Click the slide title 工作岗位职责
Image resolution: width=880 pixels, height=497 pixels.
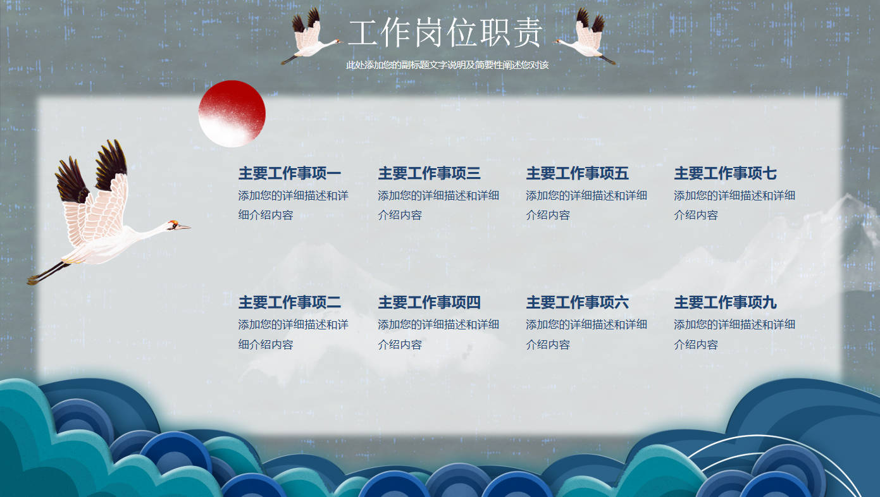[x=445, y=33]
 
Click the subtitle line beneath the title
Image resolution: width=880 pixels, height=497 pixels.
[x=447, y=64]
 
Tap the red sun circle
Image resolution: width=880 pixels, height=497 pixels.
[x=232, y=114]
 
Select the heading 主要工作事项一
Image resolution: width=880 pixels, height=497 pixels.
[x=290, y=173]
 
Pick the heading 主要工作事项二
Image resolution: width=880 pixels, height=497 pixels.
[x=290, y=302]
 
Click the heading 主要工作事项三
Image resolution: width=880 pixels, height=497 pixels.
[x=429, y=173]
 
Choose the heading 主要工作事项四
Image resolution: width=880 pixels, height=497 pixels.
[x=429, y=302]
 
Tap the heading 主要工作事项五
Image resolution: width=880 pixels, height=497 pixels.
[x=577, y=173]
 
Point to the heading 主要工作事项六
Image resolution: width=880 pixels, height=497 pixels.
[x=577, y=302]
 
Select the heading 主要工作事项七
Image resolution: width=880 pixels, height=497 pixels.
[x=725, y=173]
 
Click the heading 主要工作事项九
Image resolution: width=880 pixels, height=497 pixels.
[x=725, y=302]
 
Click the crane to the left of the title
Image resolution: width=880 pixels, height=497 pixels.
[x=311, y=36]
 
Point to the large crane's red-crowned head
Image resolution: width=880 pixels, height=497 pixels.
[x=173, y=225]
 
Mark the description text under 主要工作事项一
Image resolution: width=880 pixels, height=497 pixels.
[x=293, y=205]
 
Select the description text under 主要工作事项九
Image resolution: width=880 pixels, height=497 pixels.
[x=734, y=334]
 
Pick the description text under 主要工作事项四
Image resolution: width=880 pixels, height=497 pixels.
[x=438, y=334]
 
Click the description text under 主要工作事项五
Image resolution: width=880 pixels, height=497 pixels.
[x=586, y=205]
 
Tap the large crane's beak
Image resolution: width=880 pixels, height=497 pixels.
[x=185, y=227]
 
